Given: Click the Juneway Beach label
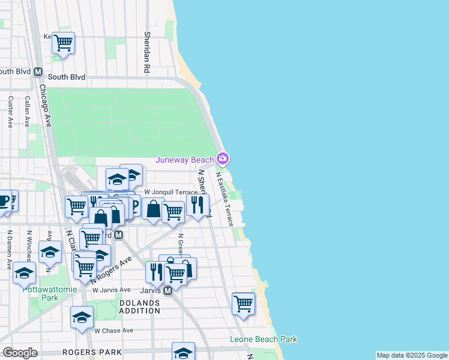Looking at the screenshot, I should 185,159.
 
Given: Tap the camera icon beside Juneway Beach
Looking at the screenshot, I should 223,159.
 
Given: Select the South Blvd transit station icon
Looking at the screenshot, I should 38,71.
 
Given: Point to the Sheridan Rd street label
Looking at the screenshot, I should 146,53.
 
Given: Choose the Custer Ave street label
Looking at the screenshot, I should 10,112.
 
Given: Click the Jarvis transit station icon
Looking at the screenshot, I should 168,290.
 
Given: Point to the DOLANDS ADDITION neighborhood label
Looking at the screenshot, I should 139,307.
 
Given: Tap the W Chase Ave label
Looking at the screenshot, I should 113,331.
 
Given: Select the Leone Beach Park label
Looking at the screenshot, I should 264,339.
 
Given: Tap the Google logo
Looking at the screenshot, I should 20,353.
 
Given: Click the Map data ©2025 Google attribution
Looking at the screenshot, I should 411,355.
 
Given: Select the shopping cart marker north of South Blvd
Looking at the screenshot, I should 63,43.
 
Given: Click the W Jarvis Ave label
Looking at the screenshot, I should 111,290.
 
